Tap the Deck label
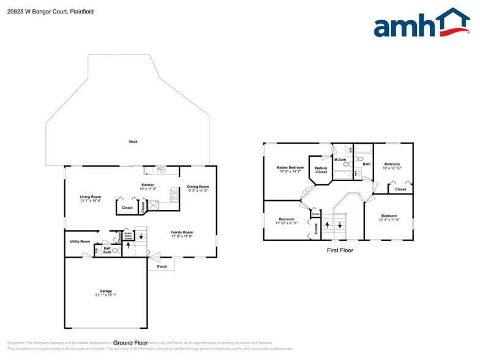(133, 141)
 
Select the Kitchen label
(148, 185)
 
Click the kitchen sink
(160, 170)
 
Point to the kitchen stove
(174, 196)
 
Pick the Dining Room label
(198, 187)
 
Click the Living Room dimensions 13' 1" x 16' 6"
(90, 201)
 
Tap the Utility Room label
(80, 241)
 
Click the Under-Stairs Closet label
(129, 236)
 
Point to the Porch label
(162, 266)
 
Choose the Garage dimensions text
(106, 295)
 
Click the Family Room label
(182, 232)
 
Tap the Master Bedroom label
(290, 167)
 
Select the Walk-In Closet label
(320, 170)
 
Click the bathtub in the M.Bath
(342, 175)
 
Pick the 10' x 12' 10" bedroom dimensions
(392, 168)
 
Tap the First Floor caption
(340, 250)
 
